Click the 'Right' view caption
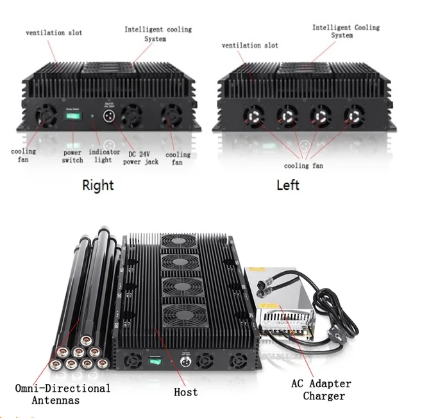tap(97, 185)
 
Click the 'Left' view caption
tap(288, 185)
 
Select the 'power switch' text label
tap(72, 156)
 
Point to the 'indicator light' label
tap(104, 156)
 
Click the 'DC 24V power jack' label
tap(140, 158)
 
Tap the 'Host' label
tap(185, 391)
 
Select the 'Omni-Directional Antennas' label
tap(62, 394)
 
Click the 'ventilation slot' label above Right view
tap(54, 33)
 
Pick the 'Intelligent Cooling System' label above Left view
tap(346, 31)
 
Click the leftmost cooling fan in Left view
tap(253, 117)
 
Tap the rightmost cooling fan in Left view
tap(353, 116)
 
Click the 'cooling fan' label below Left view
tap(304, 166)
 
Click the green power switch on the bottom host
tap(155, 361)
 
